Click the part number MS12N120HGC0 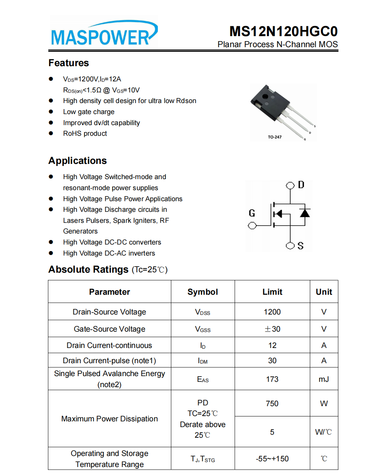coord(283,31)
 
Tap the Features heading coord(68,63)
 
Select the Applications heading coord(78,160)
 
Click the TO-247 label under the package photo coord(275,137)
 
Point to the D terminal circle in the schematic coord(290,185)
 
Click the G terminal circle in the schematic coord(252,226)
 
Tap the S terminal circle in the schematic coord(290,246)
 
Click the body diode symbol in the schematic coord(305,213)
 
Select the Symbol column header coord(203,292)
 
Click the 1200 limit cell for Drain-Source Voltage coord(272,312)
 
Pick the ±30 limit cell coord(272,329)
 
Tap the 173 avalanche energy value coord(272,379)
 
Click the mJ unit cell coord(324,379)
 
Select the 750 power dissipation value coord(272,404)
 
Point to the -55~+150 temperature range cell coord(272,459)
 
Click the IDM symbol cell coord(203,361)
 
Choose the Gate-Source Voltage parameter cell coord(110,329)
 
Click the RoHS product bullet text coord(85,133)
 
